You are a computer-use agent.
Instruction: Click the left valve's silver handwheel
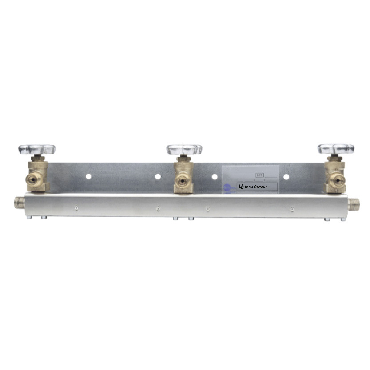coord(37,149)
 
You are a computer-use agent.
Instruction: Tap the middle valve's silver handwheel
coord(184,149)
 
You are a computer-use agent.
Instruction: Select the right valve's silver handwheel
coord(336,149)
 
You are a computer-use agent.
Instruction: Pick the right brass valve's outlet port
coord(341,180)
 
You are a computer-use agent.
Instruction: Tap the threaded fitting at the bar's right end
coord(354,204)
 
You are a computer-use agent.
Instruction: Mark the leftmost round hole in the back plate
coord(88,176)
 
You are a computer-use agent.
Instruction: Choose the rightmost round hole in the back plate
coord(286,177)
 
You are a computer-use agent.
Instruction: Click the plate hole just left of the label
coord(215,177)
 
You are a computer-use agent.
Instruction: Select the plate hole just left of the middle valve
coord(158,176)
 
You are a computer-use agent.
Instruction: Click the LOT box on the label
coord(260,175)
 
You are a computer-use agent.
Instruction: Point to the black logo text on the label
coord(253,187)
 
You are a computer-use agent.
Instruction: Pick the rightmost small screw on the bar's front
coord(292,207)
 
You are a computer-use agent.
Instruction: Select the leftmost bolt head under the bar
coord(29,218)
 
